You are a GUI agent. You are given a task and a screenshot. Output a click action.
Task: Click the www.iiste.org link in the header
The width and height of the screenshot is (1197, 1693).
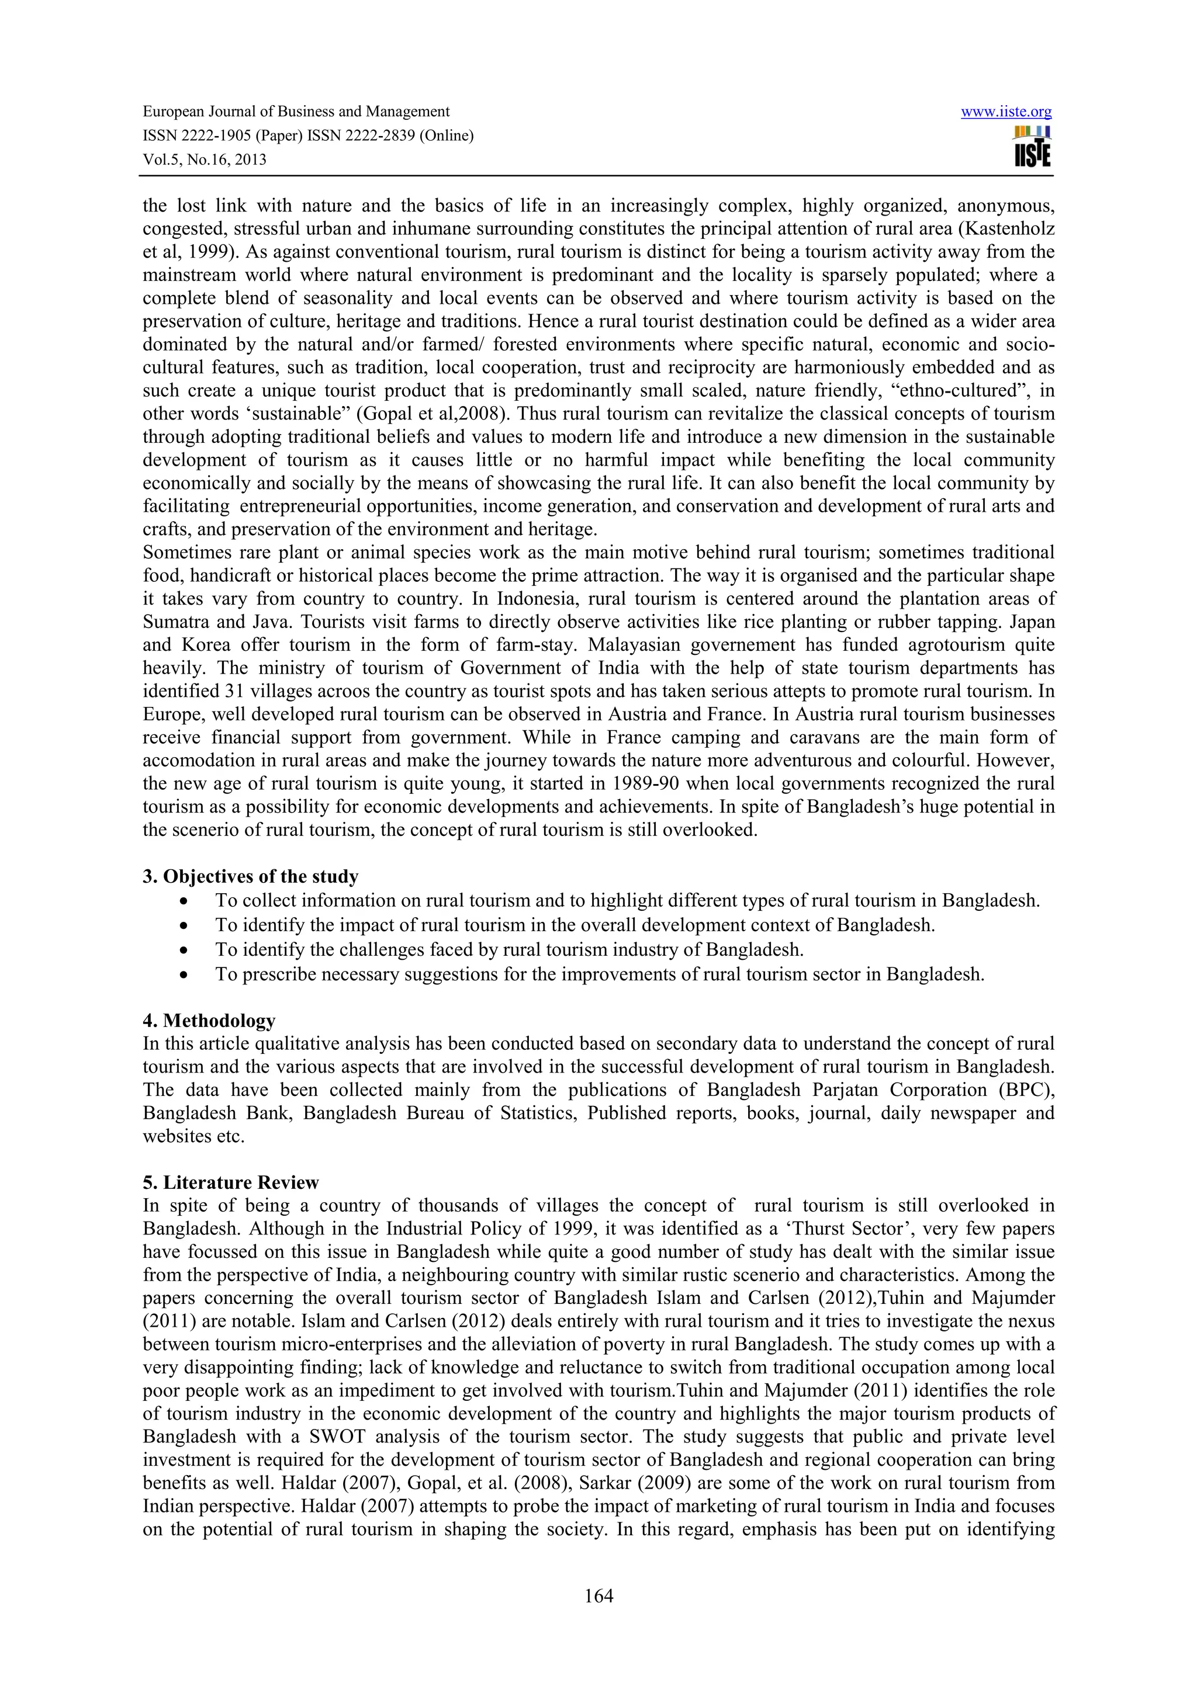[x=1006, y=112]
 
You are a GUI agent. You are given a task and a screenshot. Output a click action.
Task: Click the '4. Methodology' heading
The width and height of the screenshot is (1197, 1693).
[x=209, y=1021]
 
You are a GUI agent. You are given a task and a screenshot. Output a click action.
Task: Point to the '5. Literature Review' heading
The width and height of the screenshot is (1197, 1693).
[x=230, y=1183]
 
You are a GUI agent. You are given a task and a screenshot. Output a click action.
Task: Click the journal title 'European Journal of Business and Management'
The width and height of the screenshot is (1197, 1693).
[x=296, y=112]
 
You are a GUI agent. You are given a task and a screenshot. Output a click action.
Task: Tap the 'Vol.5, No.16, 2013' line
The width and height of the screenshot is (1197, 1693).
[x=205, y=159]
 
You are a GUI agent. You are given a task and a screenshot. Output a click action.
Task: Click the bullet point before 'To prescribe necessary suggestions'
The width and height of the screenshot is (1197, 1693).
[x=184, y=975]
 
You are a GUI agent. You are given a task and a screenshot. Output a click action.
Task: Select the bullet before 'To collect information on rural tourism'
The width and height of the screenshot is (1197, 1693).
[x=184, y=901]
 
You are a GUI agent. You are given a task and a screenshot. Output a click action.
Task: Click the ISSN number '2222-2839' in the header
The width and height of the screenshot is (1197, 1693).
[x=381, y=136]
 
